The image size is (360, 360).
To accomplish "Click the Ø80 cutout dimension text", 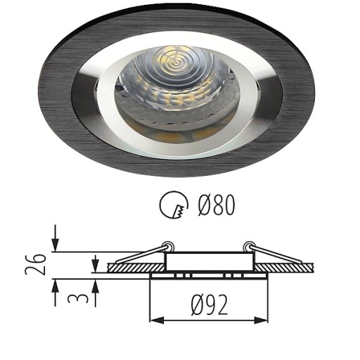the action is (216, 205).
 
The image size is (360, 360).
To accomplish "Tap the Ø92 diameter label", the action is (210, 304).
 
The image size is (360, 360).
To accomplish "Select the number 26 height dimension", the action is (35, 264).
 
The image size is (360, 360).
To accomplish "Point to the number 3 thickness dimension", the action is (77, 295).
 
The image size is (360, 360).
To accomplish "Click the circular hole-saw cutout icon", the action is (174, 205).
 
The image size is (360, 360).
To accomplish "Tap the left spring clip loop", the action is (169, 246).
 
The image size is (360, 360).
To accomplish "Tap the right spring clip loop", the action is (248, 246).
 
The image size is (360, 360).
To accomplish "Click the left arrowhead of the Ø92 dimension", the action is (157, 320).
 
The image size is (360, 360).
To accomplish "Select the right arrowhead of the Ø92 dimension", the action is (261, 320).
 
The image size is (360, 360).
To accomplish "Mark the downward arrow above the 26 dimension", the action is (56, 238).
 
